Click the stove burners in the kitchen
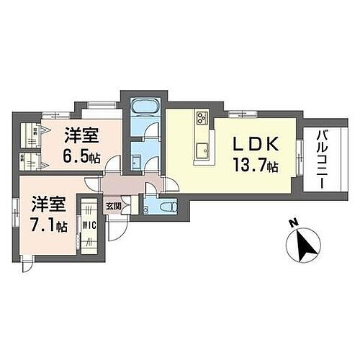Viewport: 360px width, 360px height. coord(201,118)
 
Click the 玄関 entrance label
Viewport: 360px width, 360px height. coord(114,206)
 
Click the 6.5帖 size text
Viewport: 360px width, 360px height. coord(81,157)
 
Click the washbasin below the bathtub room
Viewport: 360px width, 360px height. coord(137,157)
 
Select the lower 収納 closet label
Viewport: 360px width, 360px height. coord(24,157)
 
